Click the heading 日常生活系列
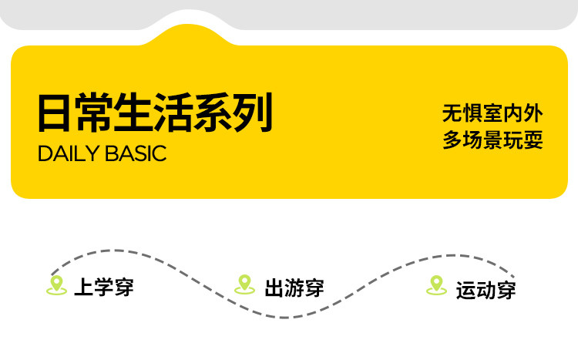[155, 113]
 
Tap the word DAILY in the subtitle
[69, 153]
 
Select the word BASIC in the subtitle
[136, 153]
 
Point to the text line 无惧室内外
[492, 113]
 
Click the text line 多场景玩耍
[492, 140]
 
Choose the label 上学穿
[104, 287]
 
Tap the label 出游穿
[294, 288]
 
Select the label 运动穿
[486, 291]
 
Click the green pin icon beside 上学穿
[56, 285]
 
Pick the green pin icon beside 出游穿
[244, 284]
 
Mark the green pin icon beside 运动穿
[436, 285]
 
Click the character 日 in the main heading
[54, 113]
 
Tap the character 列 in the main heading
[254, 113]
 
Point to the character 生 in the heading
[133, 113]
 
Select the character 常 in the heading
[93, 113]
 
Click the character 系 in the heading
[214, 113]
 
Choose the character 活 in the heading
[173, 113]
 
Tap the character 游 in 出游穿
[294, 288]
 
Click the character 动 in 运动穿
[486, 291]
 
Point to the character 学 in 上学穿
[104, 287]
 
